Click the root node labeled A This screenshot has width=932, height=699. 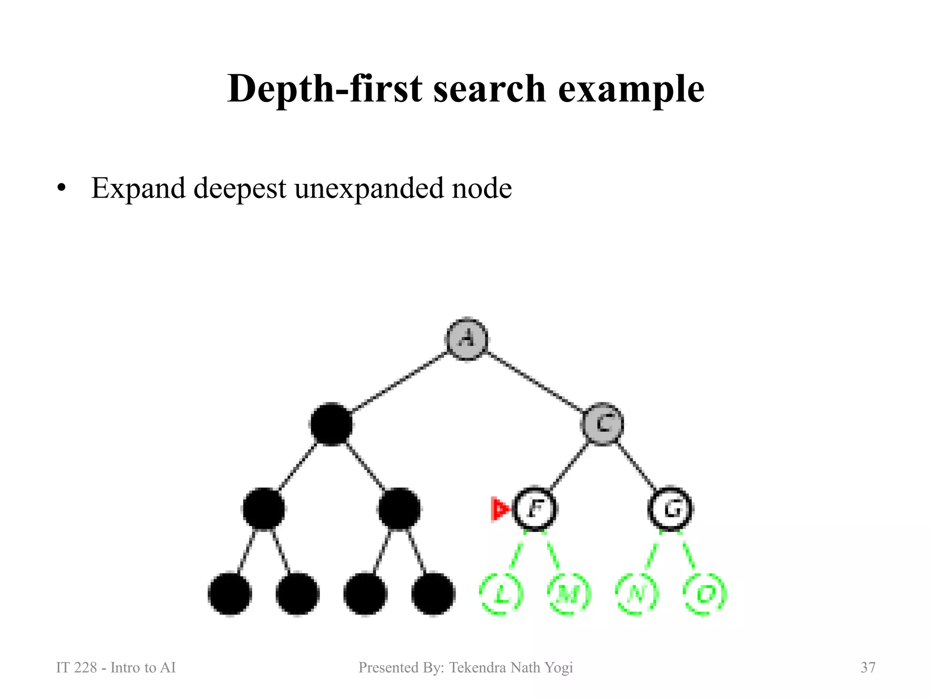point(466,339)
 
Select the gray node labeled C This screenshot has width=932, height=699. point(603,424)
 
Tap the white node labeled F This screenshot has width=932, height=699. point(535,508)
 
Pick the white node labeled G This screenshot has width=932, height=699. point(670,508)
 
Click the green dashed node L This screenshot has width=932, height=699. point(501,593)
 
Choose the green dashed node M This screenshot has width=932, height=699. point(569,593)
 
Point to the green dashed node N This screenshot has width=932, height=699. point(637,593)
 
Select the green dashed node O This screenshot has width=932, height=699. point(704,593)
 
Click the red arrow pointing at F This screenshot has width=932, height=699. point(500,509)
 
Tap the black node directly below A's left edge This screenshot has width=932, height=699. point(331,424)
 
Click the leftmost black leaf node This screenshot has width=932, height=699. point(230,594)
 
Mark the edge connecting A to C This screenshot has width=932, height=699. point(535,381)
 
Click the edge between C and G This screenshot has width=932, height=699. point(637,466)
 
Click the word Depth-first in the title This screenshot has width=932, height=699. point(324,89)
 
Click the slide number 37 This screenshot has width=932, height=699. point(868,668)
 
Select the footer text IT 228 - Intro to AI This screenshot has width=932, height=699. point(116,668)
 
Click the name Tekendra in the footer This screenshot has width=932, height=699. point(477,668)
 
